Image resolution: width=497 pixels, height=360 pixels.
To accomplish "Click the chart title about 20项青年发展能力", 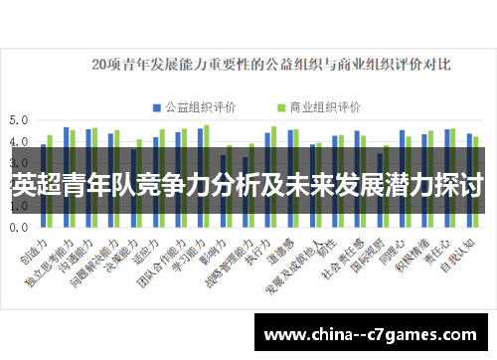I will point(270,66).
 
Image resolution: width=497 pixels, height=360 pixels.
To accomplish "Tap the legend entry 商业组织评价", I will point(319,105).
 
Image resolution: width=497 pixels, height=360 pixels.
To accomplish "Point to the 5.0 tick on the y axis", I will point(18,119).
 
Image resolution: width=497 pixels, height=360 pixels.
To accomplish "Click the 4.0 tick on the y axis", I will point(18,141).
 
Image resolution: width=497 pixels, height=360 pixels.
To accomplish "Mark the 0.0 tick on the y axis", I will point(18,227).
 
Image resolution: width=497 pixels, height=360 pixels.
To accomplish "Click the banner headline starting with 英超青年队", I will point(248,185).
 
